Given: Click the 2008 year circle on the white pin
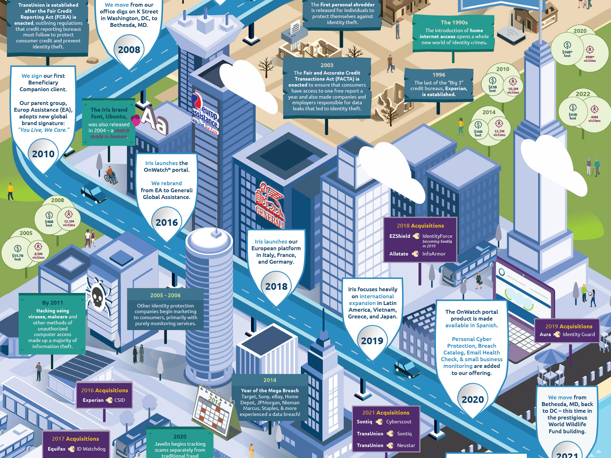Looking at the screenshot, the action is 129,50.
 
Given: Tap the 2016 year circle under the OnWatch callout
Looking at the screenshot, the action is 167,223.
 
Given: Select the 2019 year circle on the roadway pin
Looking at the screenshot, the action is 372,341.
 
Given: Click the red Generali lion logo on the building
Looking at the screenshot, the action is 270,205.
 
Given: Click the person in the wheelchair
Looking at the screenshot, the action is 111,175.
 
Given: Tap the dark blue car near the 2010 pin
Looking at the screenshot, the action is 94,193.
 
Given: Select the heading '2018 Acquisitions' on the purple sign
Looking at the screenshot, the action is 420,226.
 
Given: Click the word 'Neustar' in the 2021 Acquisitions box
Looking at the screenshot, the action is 406,445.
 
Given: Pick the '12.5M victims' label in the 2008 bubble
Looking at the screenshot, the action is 69,223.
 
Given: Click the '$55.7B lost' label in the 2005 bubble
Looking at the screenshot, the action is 18,257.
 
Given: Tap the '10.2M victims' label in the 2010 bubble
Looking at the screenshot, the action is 513,91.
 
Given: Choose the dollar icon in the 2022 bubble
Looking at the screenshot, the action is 573,108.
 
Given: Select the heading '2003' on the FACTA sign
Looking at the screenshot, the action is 327,65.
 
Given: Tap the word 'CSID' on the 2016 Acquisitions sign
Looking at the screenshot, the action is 120,400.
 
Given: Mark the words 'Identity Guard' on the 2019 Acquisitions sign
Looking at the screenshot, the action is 578,334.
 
